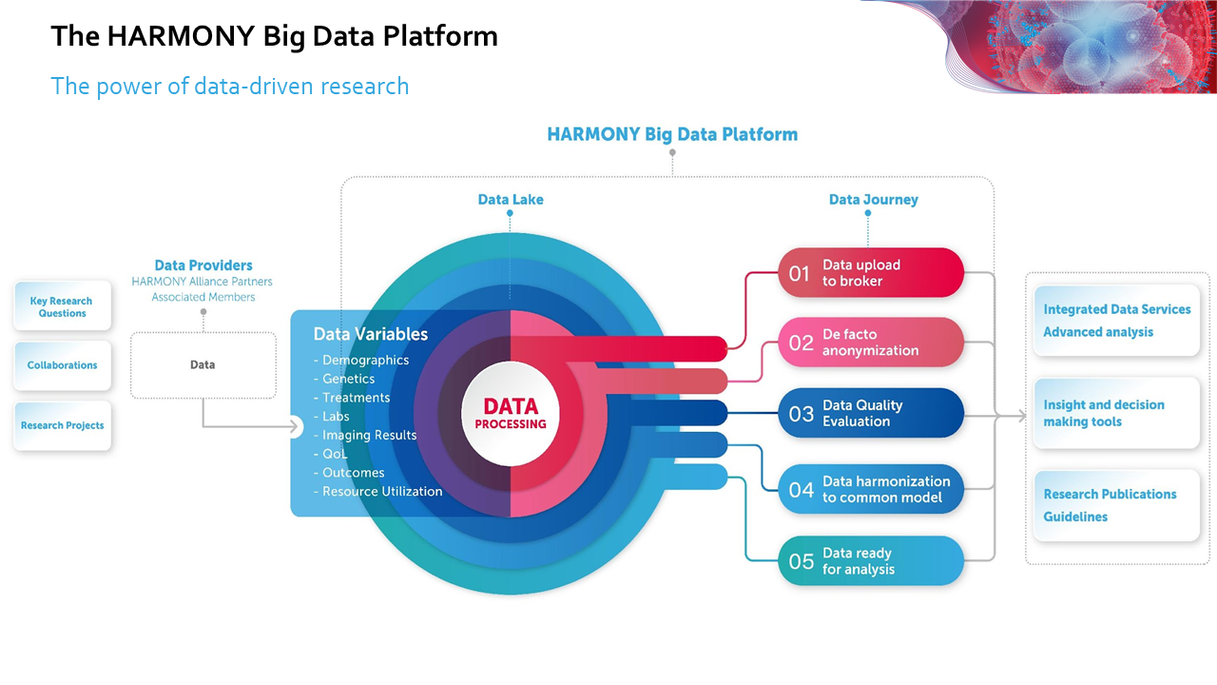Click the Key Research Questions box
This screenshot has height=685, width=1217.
tap(63, 306)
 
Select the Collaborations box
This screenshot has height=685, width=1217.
tap(63, 365)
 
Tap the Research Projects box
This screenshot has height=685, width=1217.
tap(63, 425)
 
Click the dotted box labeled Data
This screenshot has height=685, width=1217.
tap(203, 364)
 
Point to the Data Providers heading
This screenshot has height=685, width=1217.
tap(203, 265)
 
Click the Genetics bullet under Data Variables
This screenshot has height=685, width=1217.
tap(349, 379)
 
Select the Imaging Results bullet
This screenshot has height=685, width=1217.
tap(369, 435)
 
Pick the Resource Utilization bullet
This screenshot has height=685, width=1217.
tap(382, 492)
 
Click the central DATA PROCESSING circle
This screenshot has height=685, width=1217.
tap(511, 414)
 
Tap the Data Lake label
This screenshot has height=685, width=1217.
tap(511, 200)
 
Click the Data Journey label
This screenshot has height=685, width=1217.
tap(873, 200)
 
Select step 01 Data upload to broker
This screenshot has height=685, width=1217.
tap(871, 273)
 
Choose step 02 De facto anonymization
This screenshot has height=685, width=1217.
tap(871, 342)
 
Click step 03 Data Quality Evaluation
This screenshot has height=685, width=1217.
tap(871, 413)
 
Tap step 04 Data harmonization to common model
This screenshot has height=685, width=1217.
tap(871, 489)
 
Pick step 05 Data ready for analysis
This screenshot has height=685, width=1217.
tap(871, 561)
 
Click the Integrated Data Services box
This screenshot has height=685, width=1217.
tap(1116, 321)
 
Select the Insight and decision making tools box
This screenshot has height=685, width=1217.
tap(1116, 413)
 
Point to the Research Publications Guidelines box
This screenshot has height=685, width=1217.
tap(1116, 505)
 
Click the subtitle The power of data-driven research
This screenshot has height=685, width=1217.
tap(230, 87)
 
